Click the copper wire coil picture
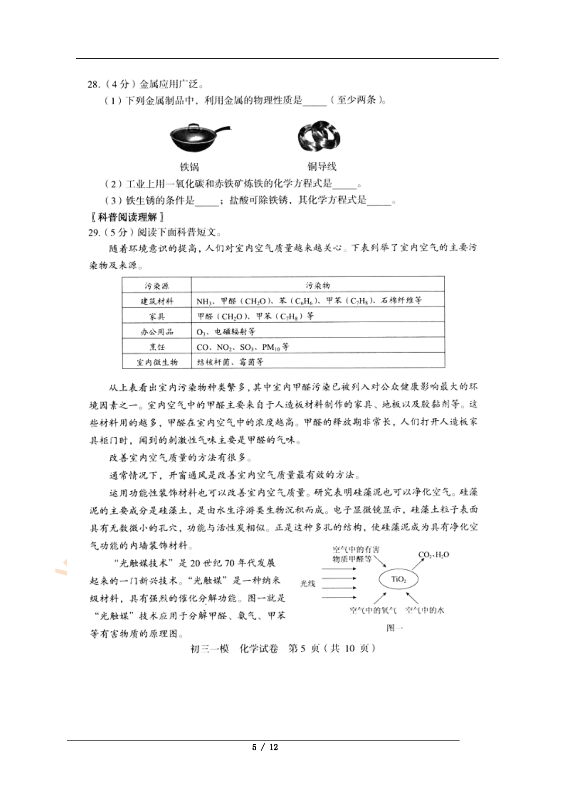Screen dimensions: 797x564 [319, 137]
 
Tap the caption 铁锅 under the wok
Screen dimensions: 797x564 [189, 167]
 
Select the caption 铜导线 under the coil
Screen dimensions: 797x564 [322, 167]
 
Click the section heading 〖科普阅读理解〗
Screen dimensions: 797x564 [127, 217]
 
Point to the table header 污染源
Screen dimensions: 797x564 [157, 286]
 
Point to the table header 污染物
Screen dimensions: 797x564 [318, 285]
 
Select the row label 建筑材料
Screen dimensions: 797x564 [157, 301]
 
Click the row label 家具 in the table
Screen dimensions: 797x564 [157, 316]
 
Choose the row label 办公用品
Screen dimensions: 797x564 [157, 332]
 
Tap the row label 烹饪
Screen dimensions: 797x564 [157, 347]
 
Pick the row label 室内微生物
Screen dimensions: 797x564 [157, 362]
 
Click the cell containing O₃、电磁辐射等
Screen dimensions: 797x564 [226, 332]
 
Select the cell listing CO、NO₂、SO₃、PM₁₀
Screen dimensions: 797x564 [242, 347]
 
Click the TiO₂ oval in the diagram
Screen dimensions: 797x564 [399, 579]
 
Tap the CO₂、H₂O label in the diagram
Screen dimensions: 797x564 [433, 555]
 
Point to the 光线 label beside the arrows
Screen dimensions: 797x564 [308, 584]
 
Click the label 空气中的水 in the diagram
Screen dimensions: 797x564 [425, 611]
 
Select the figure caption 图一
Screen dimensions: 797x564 [394, 628]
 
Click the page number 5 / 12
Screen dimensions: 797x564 [265, 747]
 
